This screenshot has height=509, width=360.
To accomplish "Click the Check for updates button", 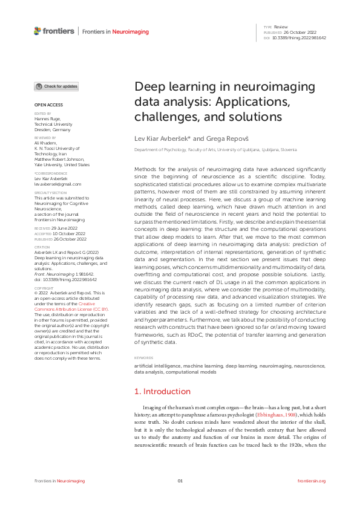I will [x=56, y=86].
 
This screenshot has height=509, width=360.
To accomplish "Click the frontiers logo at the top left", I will [x=54, y=31].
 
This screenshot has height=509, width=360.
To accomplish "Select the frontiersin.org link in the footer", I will [x=312, y=481].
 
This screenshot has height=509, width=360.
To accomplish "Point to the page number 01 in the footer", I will [x=180, y=481].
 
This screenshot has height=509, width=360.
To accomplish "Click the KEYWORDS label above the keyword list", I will [x=144, y=358].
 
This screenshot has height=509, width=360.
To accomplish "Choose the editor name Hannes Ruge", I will [x=47, y=118].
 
